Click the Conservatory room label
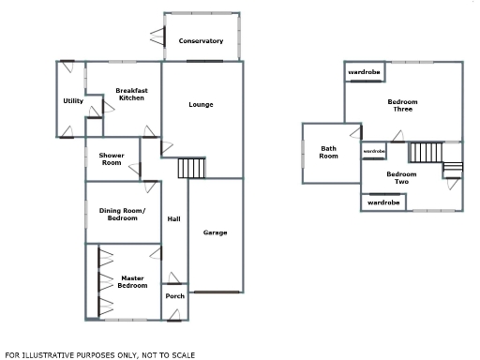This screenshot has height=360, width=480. [x=201, y=41]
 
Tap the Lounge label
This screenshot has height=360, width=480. [x=201, y=104]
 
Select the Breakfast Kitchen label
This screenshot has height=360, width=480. [x=129, y=95]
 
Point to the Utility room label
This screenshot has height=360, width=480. [x=73, y=101]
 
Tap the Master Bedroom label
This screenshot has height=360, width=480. [x=132, y=281]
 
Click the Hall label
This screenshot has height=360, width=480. [x=173, y=219]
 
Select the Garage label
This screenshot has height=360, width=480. [x=216, y=232]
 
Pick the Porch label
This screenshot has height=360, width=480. [x=174, y=296]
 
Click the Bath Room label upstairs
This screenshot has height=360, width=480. [x=328, y=152]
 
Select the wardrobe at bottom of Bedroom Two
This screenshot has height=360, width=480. [x=383, y=202]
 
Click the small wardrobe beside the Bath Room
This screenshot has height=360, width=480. [x=374, y=151]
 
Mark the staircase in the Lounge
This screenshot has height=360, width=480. [x=191, y=169]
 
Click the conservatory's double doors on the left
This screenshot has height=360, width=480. [x=157, y=38]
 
